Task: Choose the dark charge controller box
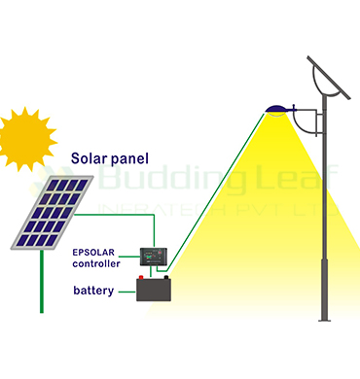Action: (x=154, y=258)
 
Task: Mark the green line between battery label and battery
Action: (x=126, y=290)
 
